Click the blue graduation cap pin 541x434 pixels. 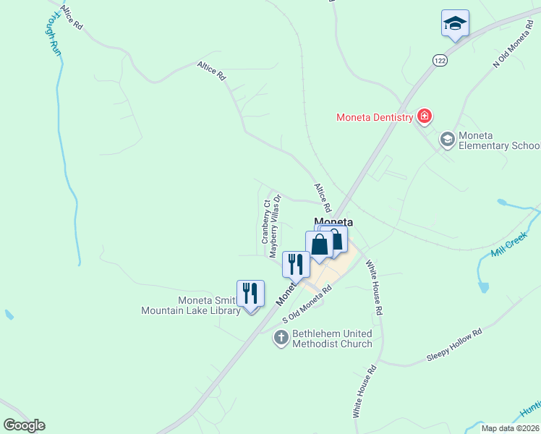[x=455, y=24]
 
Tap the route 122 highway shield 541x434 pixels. [x=440, y=61]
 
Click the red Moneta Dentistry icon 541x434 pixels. [x=425, y=116]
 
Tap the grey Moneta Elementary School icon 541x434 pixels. [x=447, y=138]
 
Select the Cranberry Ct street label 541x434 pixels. [x=265, y=221]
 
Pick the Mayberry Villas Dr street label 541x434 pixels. [x=274, y=225]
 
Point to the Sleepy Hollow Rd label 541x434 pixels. [x=454, y=346]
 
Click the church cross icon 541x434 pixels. [x=281, y=337]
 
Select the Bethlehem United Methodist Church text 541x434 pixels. [x=332, y=339]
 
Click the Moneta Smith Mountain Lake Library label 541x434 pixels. [x=189, y=306]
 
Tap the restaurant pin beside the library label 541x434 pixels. [x=250, y=294]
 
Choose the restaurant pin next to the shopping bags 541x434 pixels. [x=295, y=264]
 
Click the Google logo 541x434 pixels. [x=24, y=425]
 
